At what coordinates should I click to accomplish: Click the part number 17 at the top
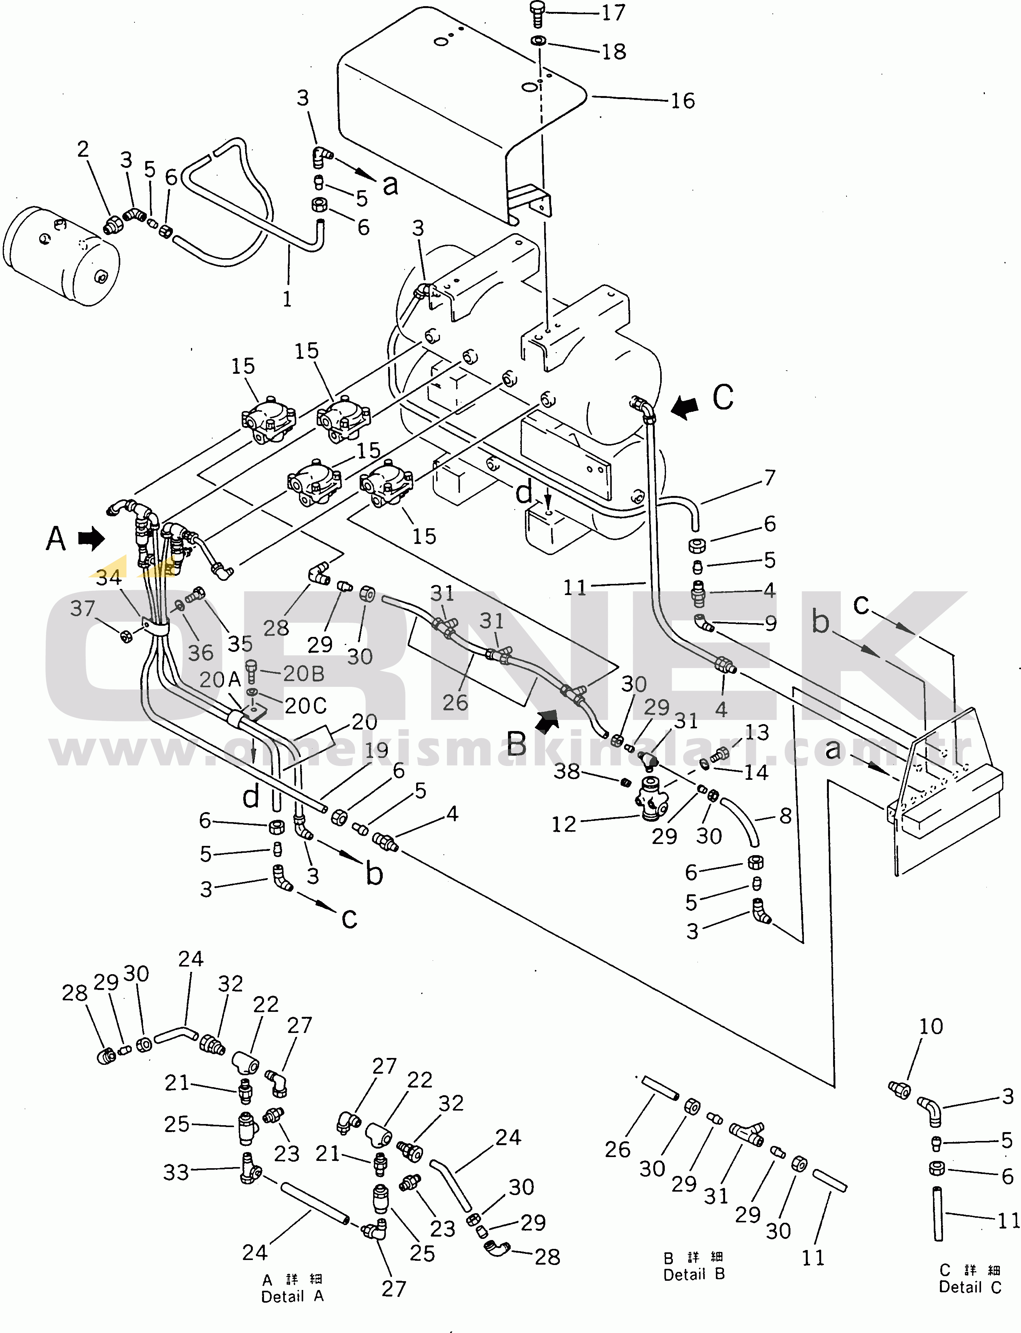point(613,13)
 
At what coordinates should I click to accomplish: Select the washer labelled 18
point(538,41)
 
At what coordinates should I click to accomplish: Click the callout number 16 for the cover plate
point(682,101)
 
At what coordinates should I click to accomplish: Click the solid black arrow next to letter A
point(91,538)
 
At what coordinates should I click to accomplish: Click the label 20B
point(303,674)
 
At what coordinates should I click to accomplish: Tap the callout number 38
point(566,772)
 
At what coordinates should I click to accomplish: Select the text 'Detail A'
point(292,1297)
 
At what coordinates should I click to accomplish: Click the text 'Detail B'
point(694,1274)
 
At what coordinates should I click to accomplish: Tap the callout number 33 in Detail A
point(176,1172)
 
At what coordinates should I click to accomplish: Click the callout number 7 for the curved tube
point(769,478)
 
